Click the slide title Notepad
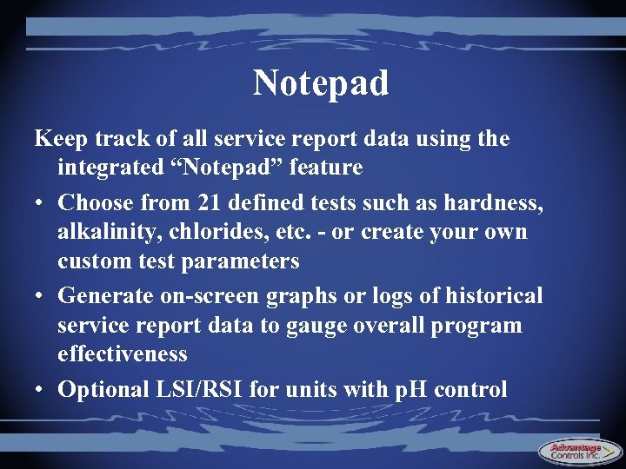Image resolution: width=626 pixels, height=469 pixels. point(321,84)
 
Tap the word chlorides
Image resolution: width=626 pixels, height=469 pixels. point(216,233)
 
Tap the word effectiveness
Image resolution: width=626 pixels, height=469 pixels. point(123,354)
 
